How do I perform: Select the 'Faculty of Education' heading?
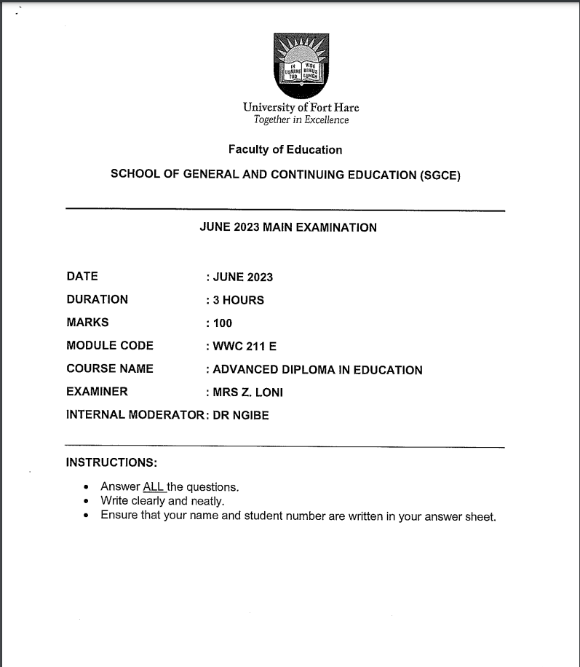pyautogui.click(x=285, y=150)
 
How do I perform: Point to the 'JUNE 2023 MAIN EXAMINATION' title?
pyautogui.click(x=288, y=228)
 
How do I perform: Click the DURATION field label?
pyautogui.click(x=97, y=299)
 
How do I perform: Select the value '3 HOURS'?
pyautogui.click(x=238, y=300)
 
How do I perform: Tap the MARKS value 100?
pyautogui.click(x=223, y=323)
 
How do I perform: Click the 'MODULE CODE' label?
pyautogui.click(x=110, y=346)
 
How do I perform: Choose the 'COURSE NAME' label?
pyautogui.click(x=110, y=368)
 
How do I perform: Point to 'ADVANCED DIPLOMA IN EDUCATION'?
pyautogui.click(x=317, y=370)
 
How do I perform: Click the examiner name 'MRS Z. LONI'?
pyautogui.click(x=247, y=392)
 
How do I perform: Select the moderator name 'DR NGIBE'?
pyautogui.click(x=240, y=416)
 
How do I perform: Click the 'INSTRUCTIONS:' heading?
pyautogui.click(x=111, y=462)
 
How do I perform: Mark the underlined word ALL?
pyautogui.click(x=154, y=486)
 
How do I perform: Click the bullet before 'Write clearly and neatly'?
pyautogui.click(x=87, y=501)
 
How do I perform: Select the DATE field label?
pyautogui.click(x=82, y=277)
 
